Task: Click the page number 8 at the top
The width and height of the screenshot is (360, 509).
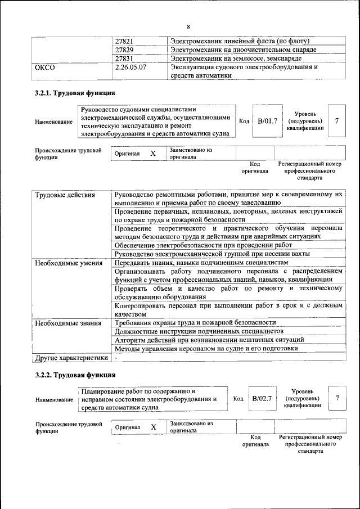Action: click(x=188, y=27)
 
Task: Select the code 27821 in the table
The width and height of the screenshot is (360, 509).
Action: click(x=124, y=42)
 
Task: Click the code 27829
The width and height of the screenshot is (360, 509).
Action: click(x=124, y=50)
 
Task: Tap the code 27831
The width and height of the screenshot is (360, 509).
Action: click(x=124, y=58)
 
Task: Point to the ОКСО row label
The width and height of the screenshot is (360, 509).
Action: click(x=44, y=67)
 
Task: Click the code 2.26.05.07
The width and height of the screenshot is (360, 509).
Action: click(x=130, y=67)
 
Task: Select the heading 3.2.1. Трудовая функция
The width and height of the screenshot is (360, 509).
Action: click(x=75, y=93)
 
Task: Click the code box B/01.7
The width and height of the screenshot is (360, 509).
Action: click(x=267, y=121)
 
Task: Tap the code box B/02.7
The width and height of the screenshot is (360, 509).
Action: click(x=262, y=398)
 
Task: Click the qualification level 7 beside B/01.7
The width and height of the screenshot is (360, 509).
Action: click(x=336, y=121)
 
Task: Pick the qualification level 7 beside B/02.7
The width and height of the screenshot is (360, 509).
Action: click(x=337, y=398)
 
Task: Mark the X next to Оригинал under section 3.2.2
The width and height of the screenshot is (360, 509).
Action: click(x=154, y=427)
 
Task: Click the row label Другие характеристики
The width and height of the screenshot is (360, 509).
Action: click(x=71, y=357)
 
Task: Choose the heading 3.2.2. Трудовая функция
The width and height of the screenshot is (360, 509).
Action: click(x=75, y=375)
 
